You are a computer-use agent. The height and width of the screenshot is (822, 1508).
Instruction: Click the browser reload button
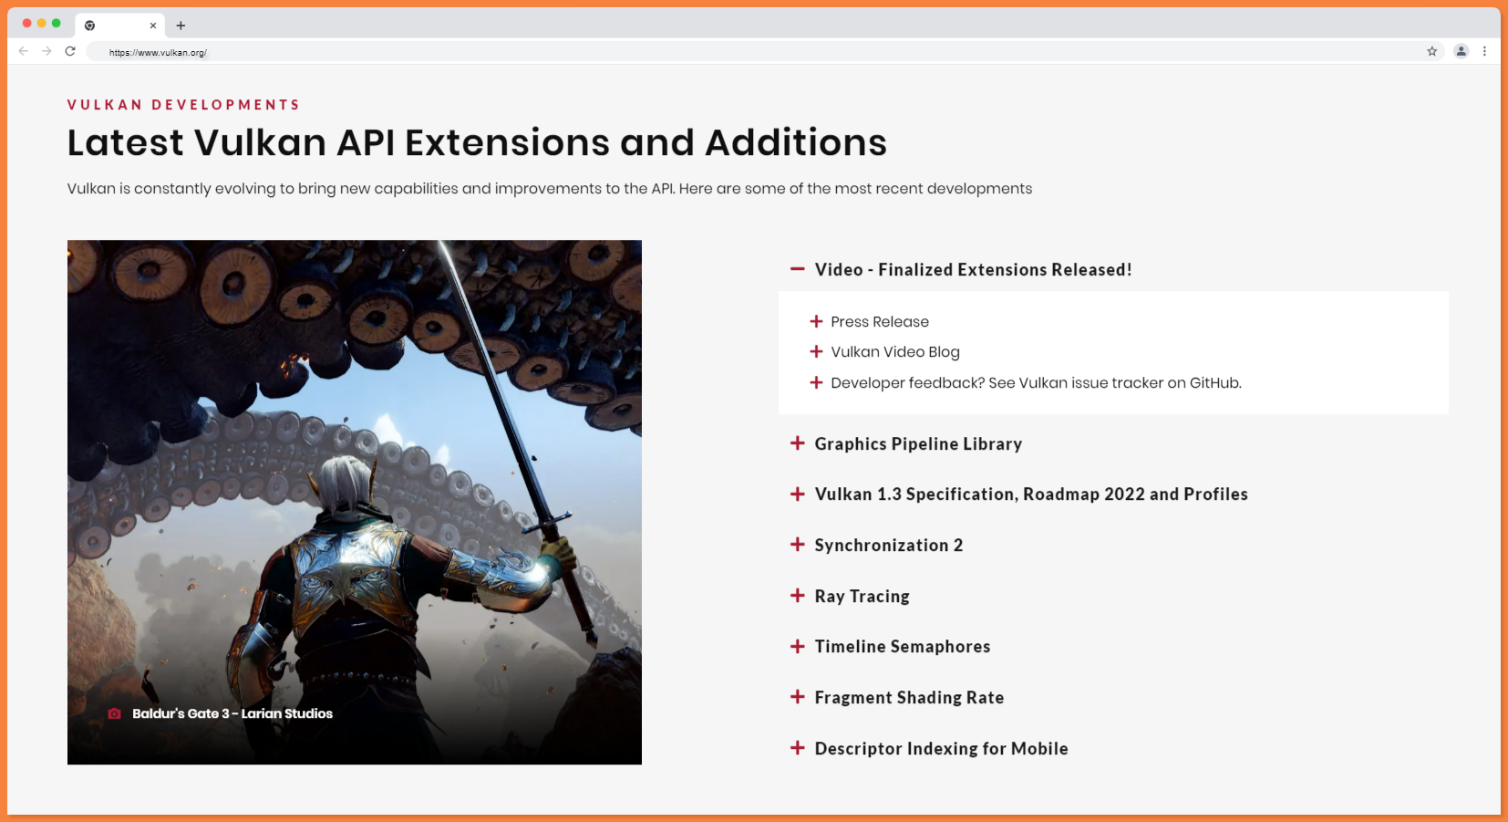[70, 51]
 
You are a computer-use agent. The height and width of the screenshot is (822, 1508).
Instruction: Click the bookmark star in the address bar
[1432, 51]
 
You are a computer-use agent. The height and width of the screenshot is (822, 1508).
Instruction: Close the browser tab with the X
[153, 26]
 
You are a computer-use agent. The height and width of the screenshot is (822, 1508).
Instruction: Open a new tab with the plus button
[181, 26]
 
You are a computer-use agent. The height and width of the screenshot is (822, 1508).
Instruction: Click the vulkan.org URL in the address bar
[158, 53]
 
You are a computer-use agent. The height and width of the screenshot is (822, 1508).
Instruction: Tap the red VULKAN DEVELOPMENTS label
[183, 104]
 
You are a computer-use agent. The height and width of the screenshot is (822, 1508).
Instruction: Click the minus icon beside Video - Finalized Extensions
[797, 269]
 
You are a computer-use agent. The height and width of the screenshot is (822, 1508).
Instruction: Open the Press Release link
[879, 321]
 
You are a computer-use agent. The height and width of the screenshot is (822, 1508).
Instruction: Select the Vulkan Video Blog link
[894, 352]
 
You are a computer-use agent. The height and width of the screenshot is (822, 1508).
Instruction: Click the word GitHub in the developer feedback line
[1214, 382]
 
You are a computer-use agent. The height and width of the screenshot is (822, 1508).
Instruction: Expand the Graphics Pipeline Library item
[918, 443]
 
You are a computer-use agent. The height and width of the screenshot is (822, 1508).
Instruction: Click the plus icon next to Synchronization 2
[797, 545]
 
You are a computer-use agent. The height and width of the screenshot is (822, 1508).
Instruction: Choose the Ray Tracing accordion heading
[862, 596]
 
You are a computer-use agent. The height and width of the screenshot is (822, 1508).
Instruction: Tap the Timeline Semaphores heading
[902, 646]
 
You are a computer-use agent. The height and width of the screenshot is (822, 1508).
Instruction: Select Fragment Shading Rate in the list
[909, 697]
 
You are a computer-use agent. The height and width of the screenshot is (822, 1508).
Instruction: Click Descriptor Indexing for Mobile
[941, 748]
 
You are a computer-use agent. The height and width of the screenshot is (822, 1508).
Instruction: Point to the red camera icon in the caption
[115, 713]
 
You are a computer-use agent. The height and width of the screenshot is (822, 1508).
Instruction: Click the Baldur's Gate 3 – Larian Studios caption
[232, 713]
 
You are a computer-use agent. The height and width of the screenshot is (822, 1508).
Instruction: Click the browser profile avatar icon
[1461, 51]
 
